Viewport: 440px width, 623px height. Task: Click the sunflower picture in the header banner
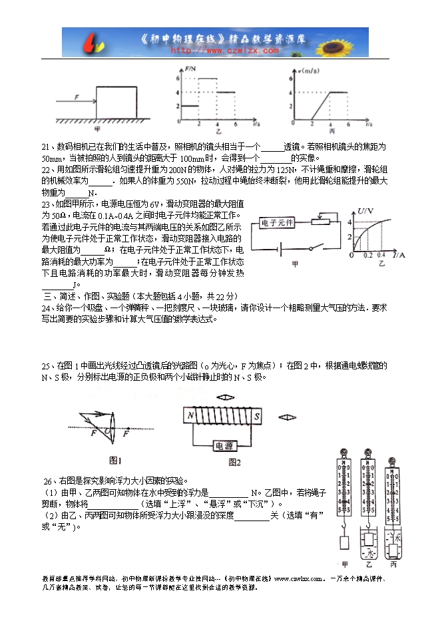click(x=347, y=42)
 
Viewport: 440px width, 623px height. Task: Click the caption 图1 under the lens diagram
click(x=115, y=460)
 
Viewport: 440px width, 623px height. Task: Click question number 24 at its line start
click(x=47, y=309)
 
